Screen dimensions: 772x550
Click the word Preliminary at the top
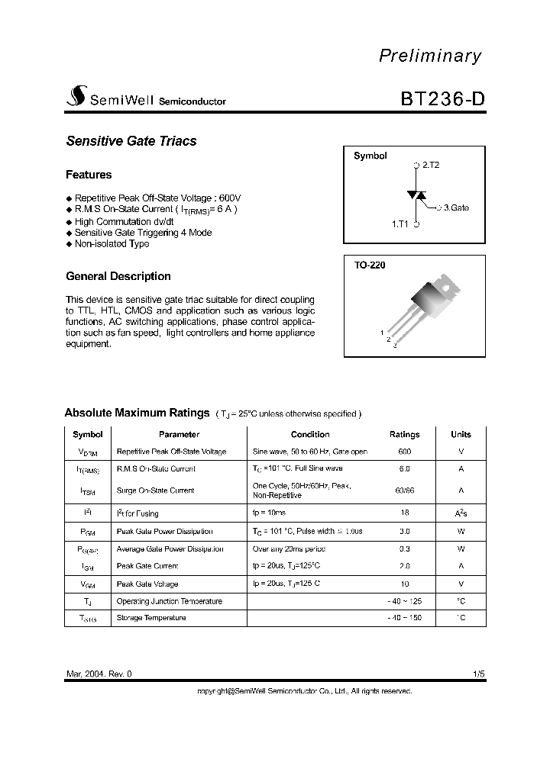(430, 56)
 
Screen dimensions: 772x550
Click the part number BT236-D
(442, 100)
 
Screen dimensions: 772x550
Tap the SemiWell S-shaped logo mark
(76, 95)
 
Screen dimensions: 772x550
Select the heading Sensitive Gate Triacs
(131, 141)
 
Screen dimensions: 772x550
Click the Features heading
(89, 175)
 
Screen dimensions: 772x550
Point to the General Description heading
(118, 276)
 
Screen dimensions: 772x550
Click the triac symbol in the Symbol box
(416, 195)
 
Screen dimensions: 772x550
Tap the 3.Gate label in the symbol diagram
(456, 207)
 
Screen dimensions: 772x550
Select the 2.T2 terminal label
(430, 165)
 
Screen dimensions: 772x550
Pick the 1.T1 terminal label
(400, 224)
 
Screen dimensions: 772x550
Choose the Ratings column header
(404, 434)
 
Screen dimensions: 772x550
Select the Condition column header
(310, 434)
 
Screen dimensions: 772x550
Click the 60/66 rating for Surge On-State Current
(404, 491)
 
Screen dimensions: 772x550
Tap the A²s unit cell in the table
(461, 513)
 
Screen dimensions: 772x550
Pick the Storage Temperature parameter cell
(150, 618)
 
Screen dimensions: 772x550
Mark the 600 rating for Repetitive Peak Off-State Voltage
(404, 452)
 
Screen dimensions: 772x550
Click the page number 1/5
(478, 674)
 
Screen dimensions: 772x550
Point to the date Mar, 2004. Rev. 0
(99, 674)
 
